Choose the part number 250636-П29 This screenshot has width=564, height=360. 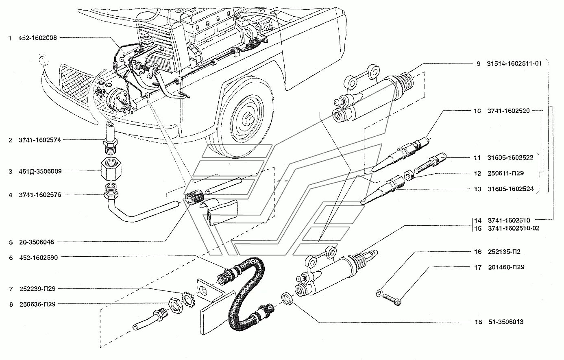37,304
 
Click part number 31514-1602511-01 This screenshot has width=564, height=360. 514,63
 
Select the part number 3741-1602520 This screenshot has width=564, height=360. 508,111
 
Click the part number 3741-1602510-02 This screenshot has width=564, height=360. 514,228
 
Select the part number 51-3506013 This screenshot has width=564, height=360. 505,322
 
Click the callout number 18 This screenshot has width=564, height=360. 477,322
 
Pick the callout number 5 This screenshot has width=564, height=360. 11,242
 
